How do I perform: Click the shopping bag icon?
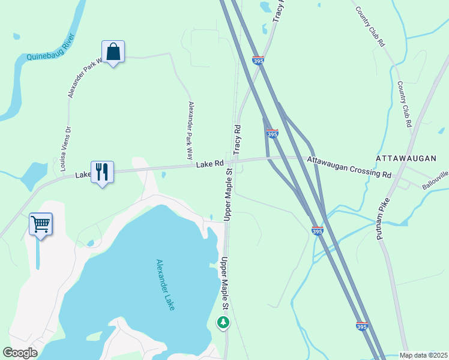point(113,52)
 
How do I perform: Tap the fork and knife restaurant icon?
point(101,172)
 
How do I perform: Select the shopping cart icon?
point(40,224)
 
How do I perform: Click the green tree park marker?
point(223,323)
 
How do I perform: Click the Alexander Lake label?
point(165,284)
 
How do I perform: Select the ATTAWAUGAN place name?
point(405,158)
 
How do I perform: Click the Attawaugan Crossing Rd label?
point(349,167)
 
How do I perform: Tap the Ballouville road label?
point(435,180)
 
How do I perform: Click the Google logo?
point(20,353)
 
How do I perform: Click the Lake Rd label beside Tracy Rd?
point(210,163)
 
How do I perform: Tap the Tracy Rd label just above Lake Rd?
point(237,137)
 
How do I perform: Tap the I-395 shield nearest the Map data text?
point(361,327)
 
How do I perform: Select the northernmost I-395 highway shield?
point(258,61)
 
